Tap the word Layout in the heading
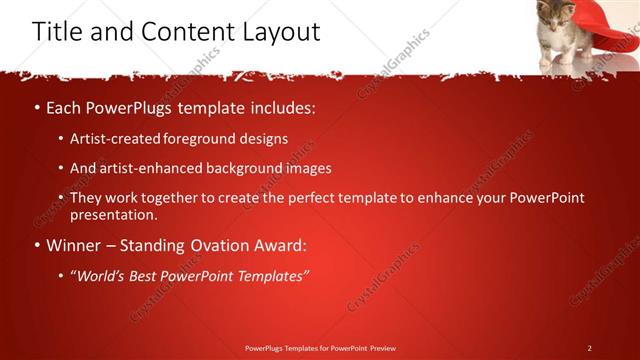[279, 31]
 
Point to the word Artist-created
[112, 139]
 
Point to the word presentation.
[113, 214]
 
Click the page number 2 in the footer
[589, 348]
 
